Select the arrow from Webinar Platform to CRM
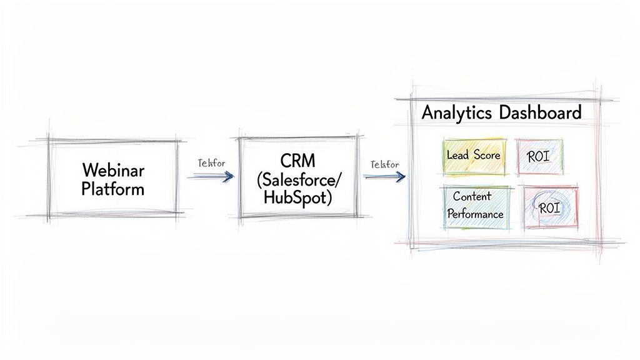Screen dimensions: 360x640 211,177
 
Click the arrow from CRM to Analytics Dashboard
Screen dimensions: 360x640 383,177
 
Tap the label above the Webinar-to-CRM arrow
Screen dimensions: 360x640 211,163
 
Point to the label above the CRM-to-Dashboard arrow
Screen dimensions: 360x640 384,164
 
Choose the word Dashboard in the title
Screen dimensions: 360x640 541,113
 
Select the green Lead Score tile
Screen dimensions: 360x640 474,156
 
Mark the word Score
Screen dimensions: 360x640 487,154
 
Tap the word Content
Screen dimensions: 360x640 472,196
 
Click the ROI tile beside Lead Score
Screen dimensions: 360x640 539,156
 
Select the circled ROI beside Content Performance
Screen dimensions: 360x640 549,207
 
